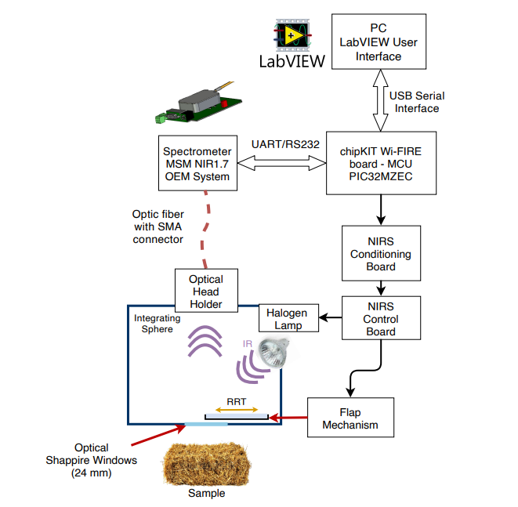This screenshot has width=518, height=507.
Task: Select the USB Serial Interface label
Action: point(417,102)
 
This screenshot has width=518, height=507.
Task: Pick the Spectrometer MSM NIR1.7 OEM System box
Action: point(196,163)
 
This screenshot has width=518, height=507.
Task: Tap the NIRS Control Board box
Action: point(380,318)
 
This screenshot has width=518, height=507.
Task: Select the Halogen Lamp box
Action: point(289,318)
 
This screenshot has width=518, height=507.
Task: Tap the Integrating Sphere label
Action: point(158,324)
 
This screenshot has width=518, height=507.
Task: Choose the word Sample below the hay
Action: point(206,494)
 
